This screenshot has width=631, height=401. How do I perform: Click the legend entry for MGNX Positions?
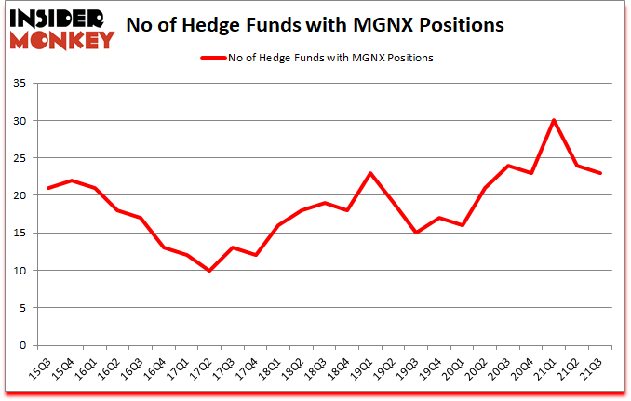pyautogui.click(x=316, y=58)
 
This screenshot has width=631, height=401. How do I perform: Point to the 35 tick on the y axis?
pyautogui.click(x=24, y=84)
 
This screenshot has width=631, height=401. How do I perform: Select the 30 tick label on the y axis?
pyautogui.click(x=24, y=121)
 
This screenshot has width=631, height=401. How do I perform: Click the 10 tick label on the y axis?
pyautogui.click(x=24, y=271)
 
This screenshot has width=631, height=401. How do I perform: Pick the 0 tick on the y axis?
pyautogui.click(x=27, y=345)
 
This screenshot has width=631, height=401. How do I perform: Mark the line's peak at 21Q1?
pyautogui.click(x=553, y=120)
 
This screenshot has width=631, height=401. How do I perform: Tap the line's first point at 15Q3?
pyautogui.click(x=48, y=188)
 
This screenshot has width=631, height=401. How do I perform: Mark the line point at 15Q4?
pyautogui.click(x=73, y=180)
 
